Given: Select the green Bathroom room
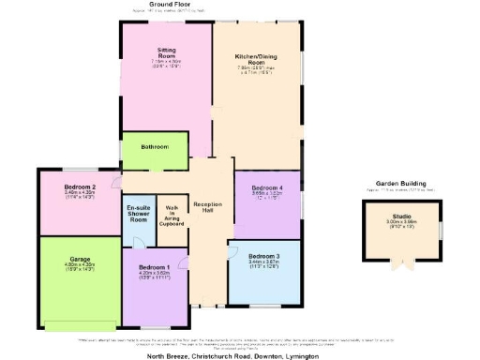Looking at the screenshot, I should (x=155, y=147).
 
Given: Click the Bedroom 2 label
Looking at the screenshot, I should (x=80, y=187).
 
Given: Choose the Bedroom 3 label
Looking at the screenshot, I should (x=263, y=256).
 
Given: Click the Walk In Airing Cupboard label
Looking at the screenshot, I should (x=172, y=216).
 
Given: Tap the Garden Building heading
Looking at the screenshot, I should (x=401, y=183).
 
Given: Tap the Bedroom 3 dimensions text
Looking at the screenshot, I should (x=263, y=264).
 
